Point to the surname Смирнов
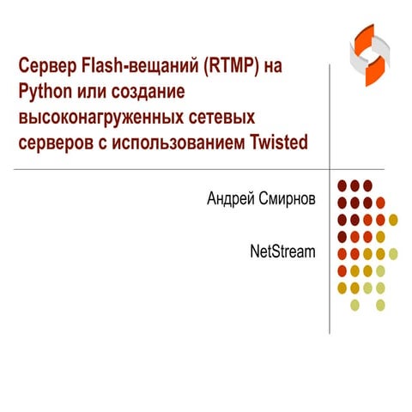pos(288,199)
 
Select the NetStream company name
pos(282,251)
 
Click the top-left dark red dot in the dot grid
pos(342,185)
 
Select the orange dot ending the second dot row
pos(381,203)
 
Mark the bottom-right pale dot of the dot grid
pos(381,304)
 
